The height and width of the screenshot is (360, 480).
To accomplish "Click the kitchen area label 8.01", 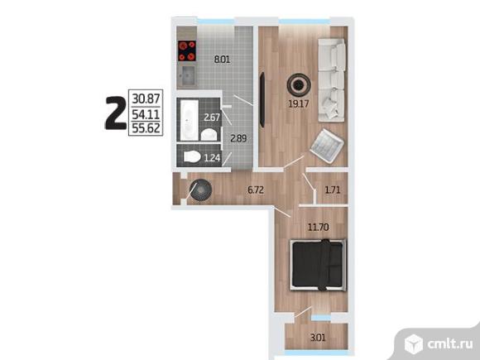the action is click(x=222, y=59).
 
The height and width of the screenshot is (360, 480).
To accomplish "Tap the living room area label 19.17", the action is click(x=299, y=103).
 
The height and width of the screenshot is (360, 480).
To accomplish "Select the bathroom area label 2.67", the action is click(x=212, y=118).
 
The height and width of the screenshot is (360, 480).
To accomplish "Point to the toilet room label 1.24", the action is click(x=212, y=158).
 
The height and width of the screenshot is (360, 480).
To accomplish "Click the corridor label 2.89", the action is click(x=238, y=138).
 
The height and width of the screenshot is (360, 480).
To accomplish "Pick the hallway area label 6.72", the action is click(x=256, y=190).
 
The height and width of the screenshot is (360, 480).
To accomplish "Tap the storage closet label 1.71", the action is click(x=333, y=190).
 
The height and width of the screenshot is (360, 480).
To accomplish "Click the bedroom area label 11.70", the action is click(x=319, y=227).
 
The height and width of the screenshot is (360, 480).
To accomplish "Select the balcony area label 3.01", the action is click(x=318, y=338).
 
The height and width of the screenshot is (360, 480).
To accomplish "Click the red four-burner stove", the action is click(x=187, y=50).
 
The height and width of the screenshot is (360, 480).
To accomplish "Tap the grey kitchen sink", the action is click(x=187, y=75).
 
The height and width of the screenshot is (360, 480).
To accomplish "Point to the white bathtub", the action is click(x=190, y=119).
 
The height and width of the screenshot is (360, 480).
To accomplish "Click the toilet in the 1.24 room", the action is click(x=192, y=157).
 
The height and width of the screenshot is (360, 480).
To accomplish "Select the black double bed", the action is click(x=319, y=265).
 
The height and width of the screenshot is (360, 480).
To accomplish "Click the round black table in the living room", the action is click(x=299, y=84).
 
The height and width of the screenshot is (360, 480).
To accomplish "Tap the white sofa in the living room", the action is click(x=332, y=80).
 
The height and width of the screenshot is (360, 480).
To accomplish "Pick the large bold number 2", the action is click(x=116, y=113).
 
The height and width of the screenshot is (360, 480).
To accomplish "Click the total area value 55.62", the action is click(x=146, y=128).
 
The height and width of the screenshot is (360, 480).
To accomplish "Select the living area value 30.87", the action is click(x=146, y=98).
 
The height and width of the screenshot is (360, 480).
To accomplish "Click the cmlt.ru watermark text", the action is click(x=450, y=344).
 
